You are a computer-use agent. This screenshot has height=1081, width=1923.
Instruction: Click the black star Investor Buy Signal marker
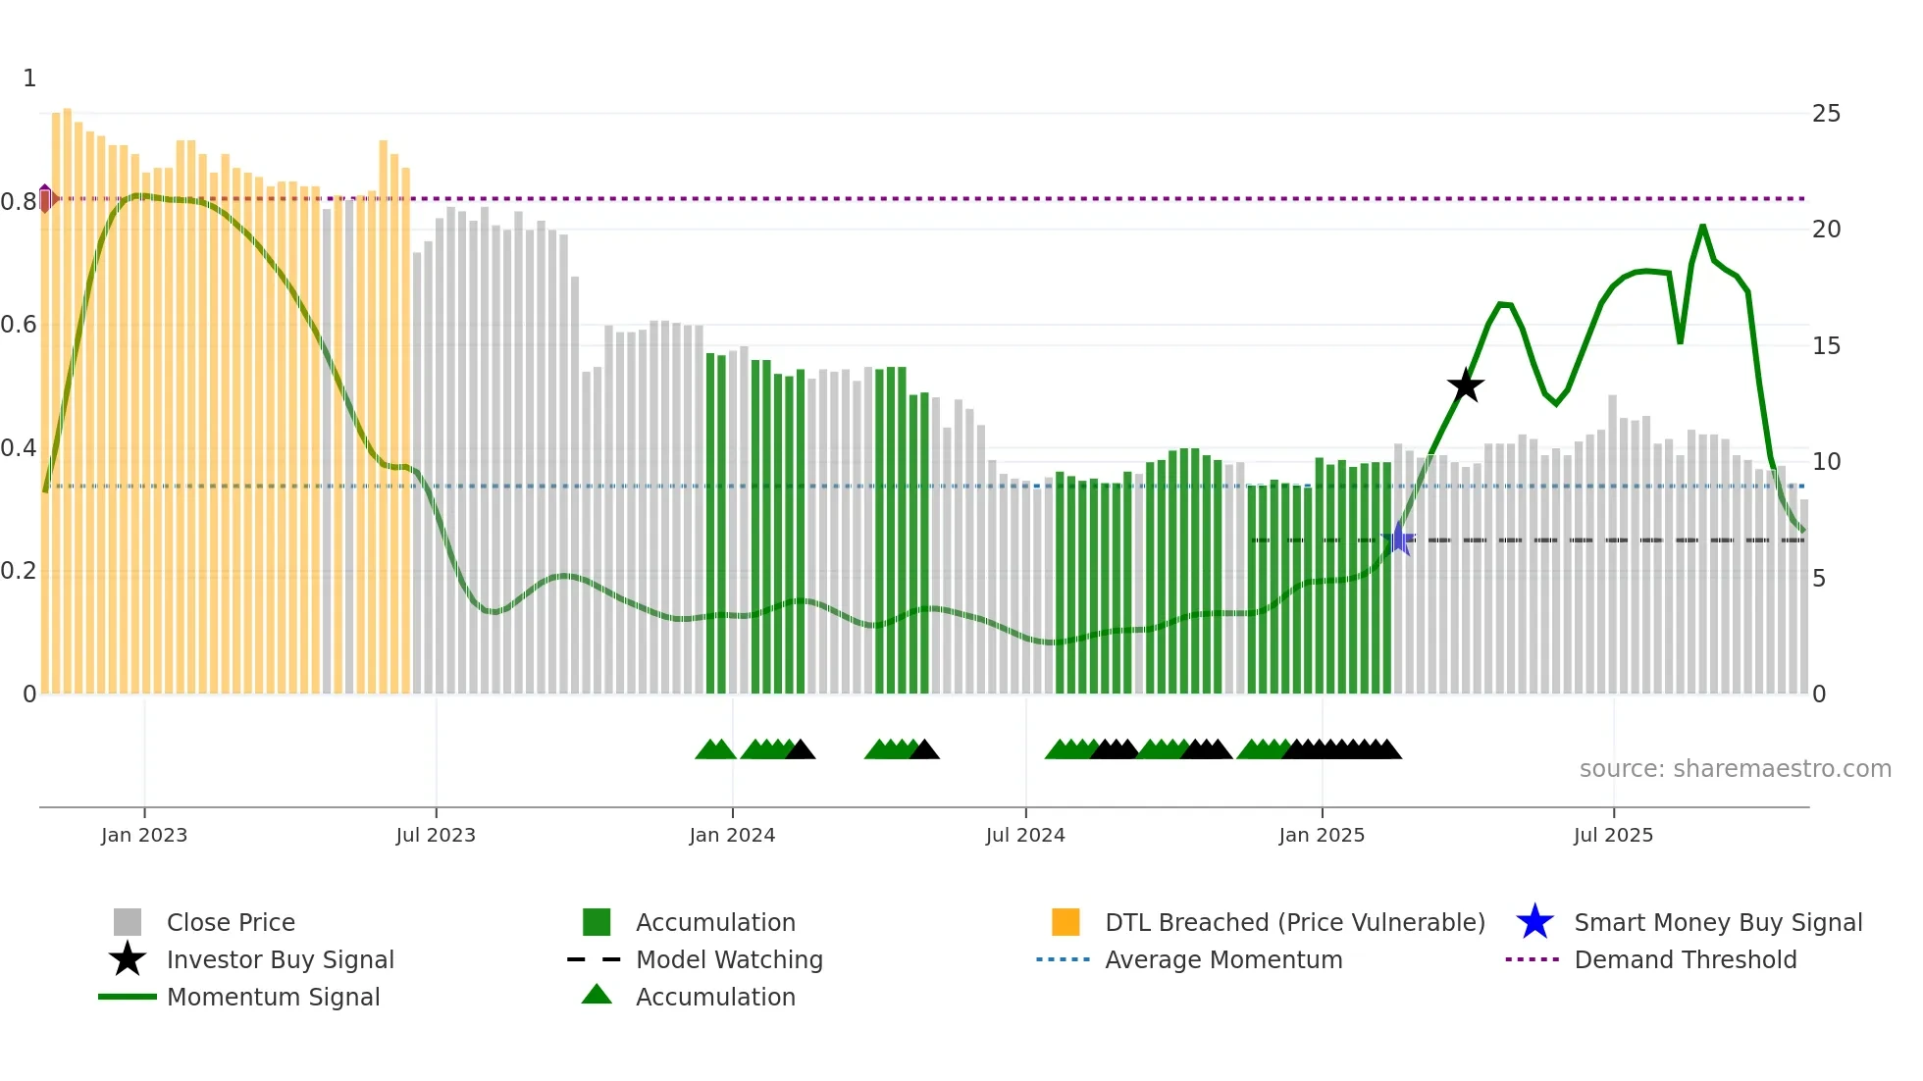[x=1466, y=386]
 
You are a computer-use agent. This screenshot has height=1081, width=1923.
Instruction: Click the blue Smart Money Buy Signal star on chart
[x=1398, y=539]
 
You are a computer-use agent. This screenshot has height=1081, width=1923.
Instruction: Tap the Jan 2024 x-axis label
[x=732, y=835]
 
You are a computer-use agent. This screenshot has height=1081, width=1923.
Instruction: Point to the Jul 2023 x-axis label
[x=436, y=835]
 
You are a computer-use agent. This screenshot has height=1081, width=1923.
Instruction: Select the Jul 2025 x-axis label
[x=1613, y=835]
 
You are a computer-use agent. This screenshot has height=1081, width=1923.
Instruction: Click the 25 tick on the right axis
[x=1826, y=114]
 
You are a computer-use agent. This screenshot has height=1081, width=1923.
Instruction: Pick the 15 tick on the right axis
[x=1826, y=346]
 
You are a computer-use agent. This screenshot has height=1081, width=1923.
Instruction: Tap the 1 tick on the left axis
[x=29, y=78]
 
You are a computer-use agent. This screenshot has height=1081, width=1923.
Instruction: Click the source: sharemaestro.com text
[x=1735, y=769]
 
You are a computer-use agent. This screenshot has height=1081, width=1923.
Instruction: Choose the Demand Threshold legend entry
[x=1685, y=960]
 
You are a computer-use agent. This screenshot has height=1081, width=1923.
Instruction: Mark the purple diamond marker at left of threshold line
[x=45, y=198]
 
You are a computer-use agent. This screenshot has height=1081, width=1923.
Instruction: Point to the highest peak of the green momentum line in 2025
[x=1702, y=227]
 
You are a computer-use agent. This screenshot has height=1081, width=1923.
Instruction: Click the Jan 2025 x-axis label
[x=1322, y=835]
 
